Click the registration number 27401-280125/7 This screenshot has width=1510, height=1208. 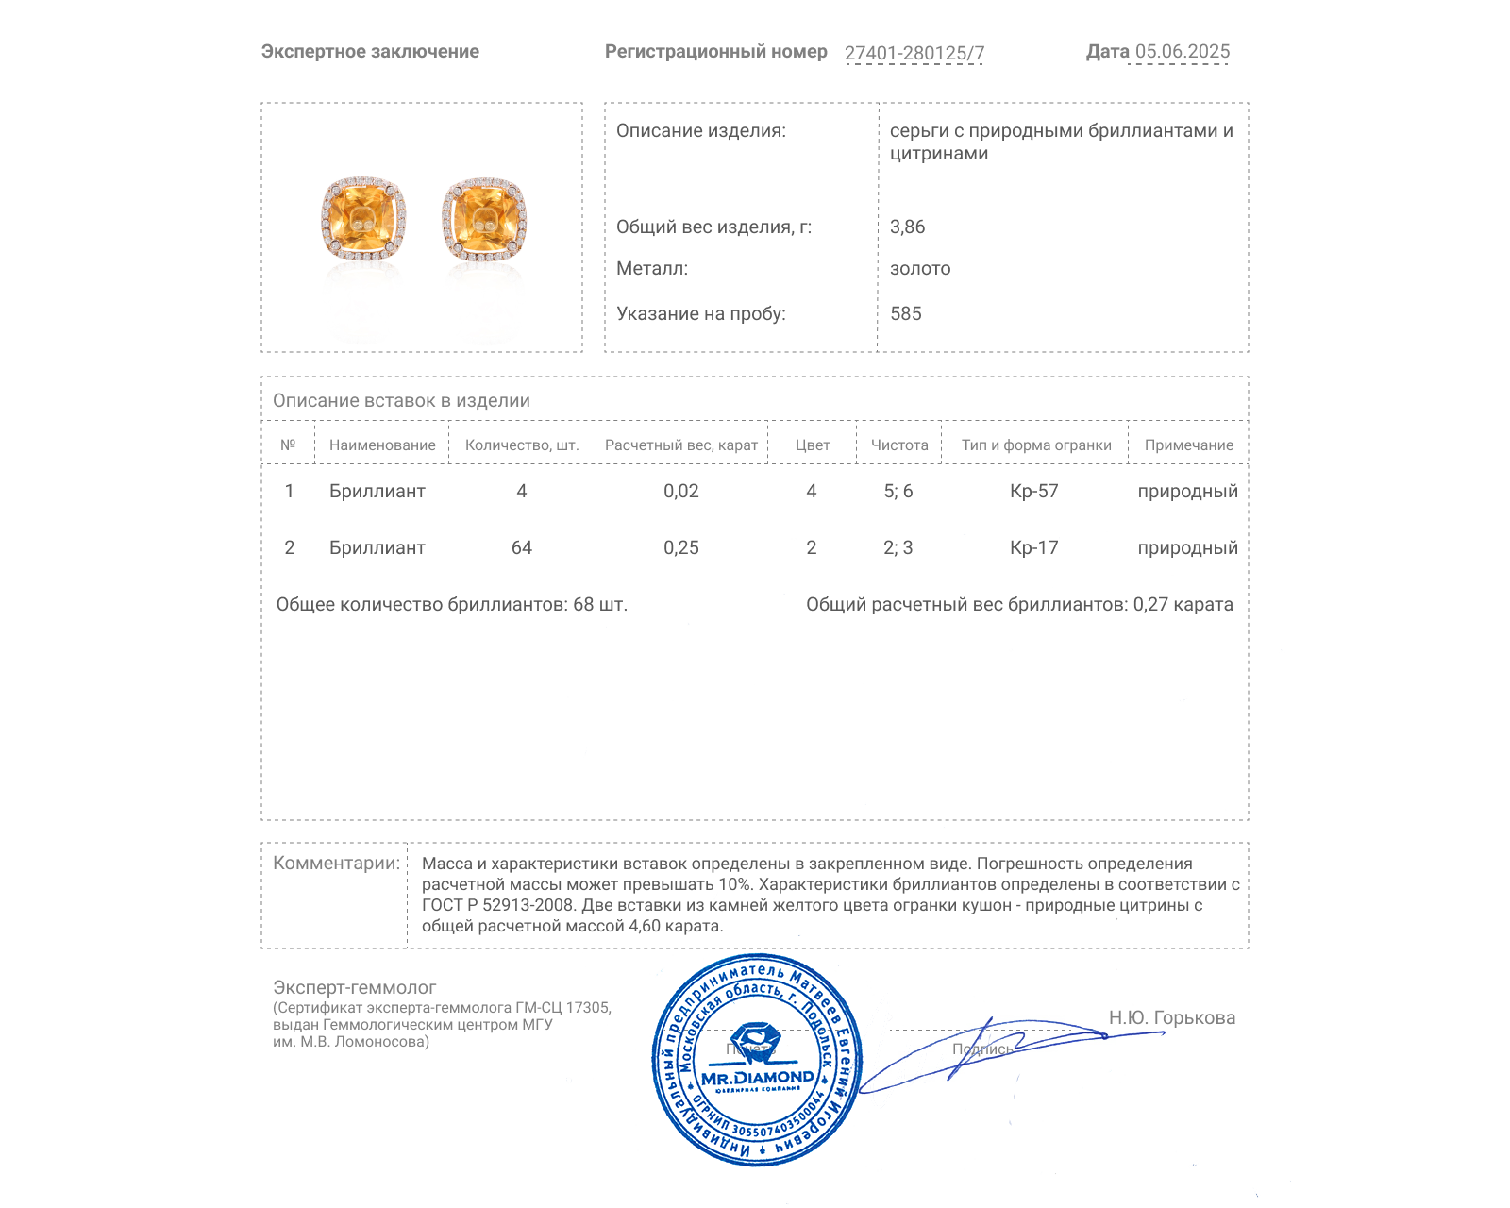click(x=914, y=53)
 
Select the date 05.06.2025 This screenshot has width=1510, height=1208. click(x=1183, y=52)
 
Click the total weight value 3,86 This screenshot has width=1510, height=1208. click(x=907, y=226)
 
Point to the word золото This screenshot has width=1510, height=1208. click(x=920, y=269)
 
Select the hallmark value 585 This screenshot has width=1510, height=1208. click(x=905, y=313)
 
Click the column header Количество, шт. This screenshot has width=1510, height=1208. click(x=522, y=445)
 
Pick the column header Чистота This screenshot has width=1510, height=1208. click(x=899, y=445)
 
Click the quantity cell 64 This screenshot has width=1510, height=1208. click(x=522, y=547)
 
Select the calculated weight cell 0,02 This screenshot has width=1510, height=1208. click(x=681, y=491)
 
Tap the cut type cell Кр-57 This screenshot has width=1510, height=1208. click(x=1034, y=491)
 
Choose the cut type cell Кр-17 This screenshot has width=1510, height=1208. click(x=1034, y=547)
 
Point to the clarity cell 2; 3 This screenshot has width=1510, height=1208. click(x=898, y=547)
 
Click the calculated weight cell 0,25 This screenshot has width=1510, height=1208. click(x=681, y=547)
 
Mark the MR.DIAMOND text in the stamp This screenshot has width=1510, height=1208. click(x=757, y=1077)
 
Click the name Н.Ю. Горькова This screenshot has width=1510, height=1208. click(x=1172, y=1017)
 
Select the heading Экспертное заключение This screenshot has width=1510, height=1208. click(x=370, y=52)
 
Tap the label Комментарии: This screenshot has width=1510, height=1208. click(x=336, y=863)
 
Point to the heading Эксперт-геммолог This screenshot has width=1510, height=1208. click(x=355, y=987)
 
